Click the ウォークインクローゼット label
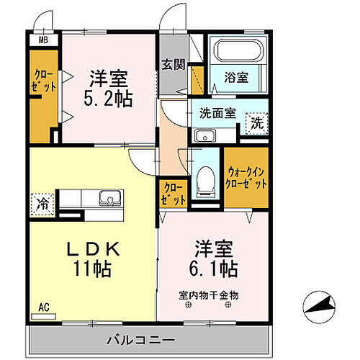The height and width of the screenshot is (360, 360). click(247, 178)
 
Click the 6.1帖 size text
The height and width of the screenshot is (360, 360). click(215, 269)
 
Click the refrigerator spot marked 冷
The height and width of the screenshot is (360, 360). click(42, 204)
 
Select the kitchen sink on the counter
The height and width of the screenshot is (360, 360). click(110, 199)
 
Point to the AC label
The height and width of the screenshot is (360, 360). click(45, 307)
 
